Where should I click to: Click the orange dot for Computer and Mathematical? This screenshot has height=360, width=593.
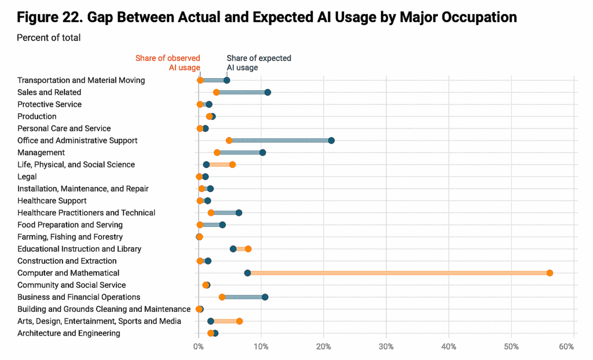[550, 273]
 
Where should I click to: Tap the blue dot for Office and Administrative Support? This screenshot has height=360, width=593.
[331, 141]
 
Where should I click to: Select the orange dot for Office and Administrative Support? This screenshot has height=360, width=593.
[229, 141]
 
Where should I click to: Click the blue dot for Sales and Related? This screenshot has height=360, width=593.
[268, 93]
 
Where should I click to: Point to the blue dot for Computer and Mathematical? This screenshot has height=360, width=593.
[247, 273]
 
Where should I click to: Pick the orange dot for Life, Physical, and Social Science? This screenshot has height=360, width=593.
[232, 165]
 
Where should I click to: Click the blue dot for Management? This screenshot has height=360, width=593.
[262, 153]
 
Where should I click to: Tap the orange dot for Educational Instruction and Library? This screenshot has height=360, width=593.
[248, 249]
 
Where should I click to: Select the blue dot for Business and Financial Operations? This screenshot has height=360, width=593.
[265, 297]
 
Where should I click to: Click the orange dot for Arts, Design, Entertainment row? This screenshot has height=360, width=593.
[239, 321]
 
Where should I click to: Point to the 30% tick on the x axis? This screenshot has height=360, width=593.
[386, 346]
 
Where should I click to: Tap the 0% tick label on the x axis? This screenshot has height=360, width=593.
[199, 346]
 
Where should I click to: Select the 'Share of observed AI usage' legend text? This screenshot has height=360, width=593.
[168, 63]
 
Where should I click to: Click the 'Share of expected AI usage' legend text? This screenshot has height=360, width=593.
[258, 63]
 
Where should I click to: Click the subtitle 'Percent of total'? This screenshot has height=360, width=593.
[49, 38]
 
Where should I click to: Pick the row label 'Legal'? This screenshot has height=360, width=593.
[27, 177]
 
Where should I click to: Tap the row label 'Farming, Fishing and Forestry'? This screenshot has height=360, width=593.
[70, 237]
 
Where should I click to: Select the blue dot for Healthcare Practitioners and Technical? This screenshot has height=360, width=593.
[239, 213]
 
